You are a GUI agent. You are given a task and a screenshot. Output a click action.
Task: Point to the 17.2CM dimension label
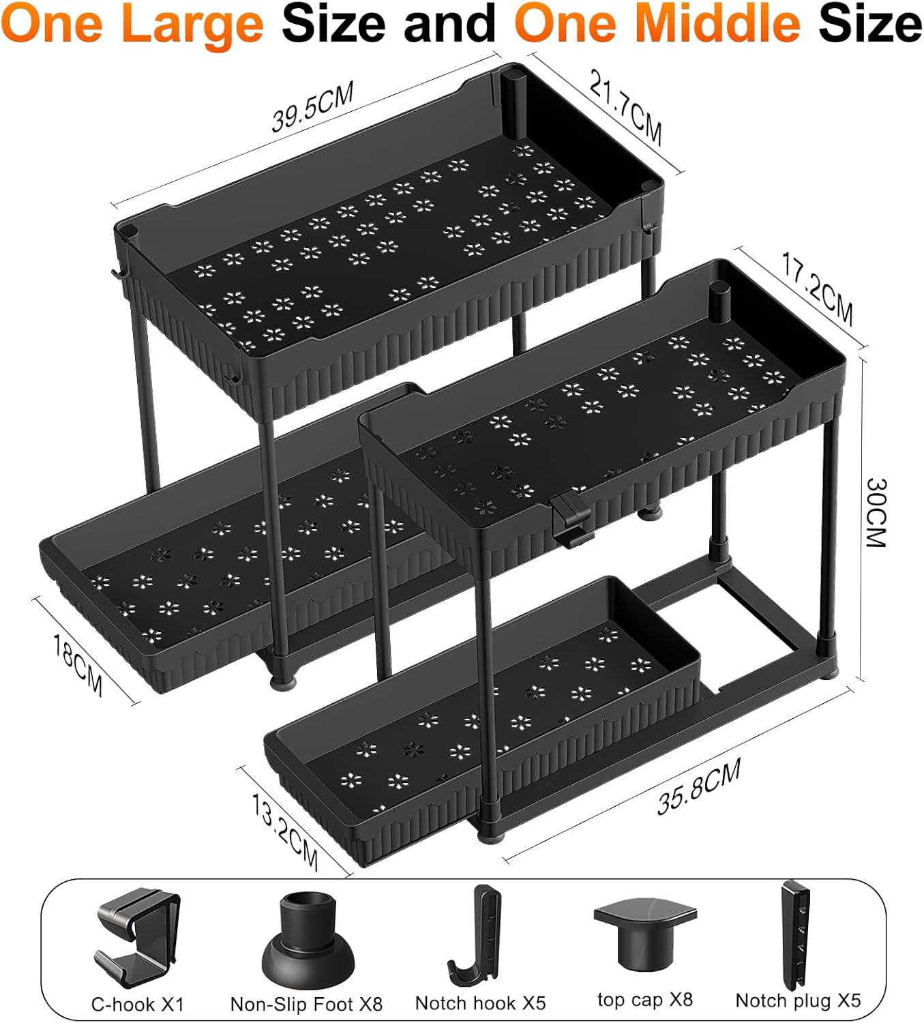tap(817, 291)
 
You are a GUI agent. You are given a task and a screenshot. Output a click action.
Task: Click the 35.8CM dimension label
tap(699, 787)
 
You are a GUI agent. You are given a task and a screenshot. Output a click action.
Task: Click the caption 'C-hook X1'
tap(138, 1004)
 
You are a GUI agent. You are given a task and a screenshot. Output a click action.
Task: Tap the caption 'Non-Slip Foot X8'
tap(306, 1004)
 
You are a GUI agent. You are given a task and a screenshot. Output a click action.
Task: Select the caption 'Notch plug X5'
tap(798, 1000)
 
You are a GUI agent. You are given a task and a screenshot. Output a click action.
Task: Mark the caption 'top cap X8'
tap(644, 1000)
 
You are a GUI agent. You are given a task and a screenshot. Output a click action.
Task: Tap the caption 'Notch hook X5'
tap(480, 1003)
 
